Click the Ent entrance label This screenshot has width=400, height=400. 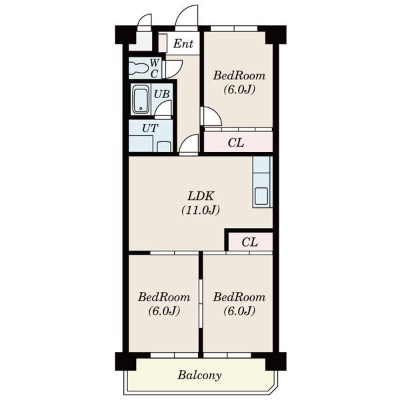(x=183, y=44)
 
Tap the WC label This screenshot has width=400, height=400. (x=155, y=69)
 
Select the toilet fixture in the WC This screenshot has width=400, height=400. (x=139, y=68)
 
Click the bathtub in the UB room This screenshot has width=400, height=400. (x=141, y=99)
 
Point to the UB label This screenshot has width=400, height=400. (x=162, y=95)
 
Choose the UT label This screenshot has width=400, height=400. (x=150, y=128)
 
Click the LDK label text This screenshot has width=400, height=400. (x=201, y=197)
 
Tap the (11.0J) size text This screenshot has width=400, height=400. (x=201, y=210)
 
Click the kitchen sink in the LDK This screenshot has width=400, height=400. (x=261, y=196)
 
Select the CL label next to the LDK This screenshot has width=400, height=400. (x=249, y=242)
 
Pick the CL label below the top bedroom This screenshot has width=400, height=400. (x=236, y=143)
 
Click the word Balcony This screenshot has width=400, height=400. (x=199, y=375)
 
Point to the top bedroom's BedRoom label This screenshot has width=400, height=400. (x=239, y=76)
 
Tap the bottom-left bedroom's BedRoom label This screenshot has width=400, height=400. (x=164, y=297)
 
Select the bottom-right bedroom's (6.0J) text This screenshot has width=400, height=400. (x=239, y=311)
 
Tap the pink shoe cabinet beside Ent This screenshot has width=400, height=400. (x=163, y=43)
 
